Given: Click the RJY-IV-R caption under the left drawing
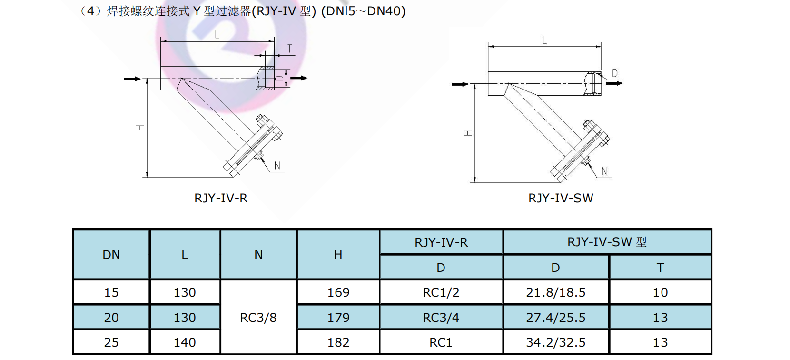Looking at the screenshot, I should (221, 198).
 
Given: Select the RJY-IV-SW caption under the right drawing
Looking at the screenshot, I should (561, 198).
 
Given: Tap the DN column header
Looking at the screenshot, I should (111, 255).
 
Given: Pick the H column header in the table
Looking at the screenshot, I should (338, 255).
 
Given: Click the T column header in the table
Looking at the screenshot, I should (660, 268).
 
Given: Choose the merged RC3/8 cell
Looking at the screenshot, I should (258, 317).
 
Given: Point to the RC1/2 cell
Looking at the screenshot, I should (441, 292).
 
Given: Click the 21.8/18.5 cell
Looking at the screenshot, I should (555, 292).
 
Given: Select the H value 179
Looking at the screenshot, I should (338, 318).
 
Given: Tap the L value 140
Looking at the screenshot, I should (185, 342).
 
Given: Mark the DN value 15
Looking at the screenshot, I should (111, 292).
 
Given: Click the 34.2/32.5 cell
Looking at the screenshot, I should (555, 342).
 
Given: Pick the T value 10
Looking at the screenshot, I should (660, 292).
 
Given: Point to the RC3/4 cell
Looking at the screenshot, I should (441, 318).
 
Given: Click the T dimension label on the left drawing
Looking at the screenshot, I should (289, 49).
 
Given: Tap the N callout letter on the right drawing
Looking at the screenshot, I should (604, 171).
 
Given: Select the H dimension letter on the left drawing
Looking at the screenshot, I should (140, 128).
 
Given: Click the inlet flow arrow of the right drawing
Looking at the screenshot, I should (460, 84).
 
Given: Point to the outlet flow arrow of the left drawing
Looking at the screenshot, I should (299, 78).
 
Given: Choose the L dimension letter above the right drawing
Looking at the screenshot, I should (544, 40).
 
